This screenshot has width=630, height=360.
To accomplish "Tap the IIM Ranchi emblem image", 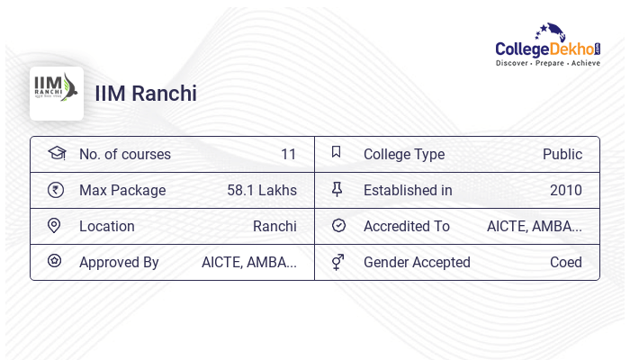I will [x=57, y=93].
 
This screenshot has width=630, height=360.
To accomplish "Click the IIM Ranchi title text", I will [x=146, y=94].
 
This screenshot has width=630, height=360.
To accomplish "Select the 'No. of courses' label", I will [x=125, y=155].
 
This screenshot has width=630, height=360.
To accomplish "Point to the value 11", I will [x=288, y=155].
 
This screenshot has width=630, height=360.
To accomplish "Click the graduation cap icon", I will [x=57, y=153].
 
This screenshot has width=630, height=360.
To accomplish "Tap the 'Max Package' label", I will [x=122, y=191].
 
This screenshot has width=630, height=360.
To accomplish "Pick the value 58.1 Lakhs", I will [x=262, y=191].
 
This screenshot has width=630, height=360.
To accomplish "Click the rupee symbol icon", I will [x=56, y=190].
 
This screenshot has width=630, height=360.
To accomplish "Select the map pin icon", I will [x=54, y=226].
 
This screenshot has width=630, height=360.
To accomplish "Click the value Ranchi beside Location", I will [x=274, y=227].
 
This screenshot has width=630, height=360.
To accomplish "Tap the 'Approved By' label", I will [x=119, y=263].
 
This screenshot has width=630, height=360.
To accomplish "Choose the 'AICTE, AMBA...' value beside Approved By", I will [x=249, y=263].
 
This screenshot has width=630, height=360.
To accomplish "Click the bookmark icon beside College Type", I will [x=337, y=153].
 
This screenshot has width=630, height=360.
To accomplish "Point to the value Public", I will [x=562, y=155].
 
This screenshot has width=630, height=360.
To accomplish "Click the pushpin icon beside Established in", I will [x=337, y=190].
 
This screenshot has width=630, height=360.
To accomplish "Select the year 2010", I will [x=566, y=191].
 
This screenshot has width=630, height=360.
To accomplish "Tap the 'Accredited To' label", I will [x=407, y=227].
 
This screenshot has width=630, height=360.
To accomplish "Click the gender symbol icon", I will [x=337, y=262].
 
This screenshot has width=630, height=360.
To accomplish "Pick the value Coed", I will [x=566, y=263].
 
